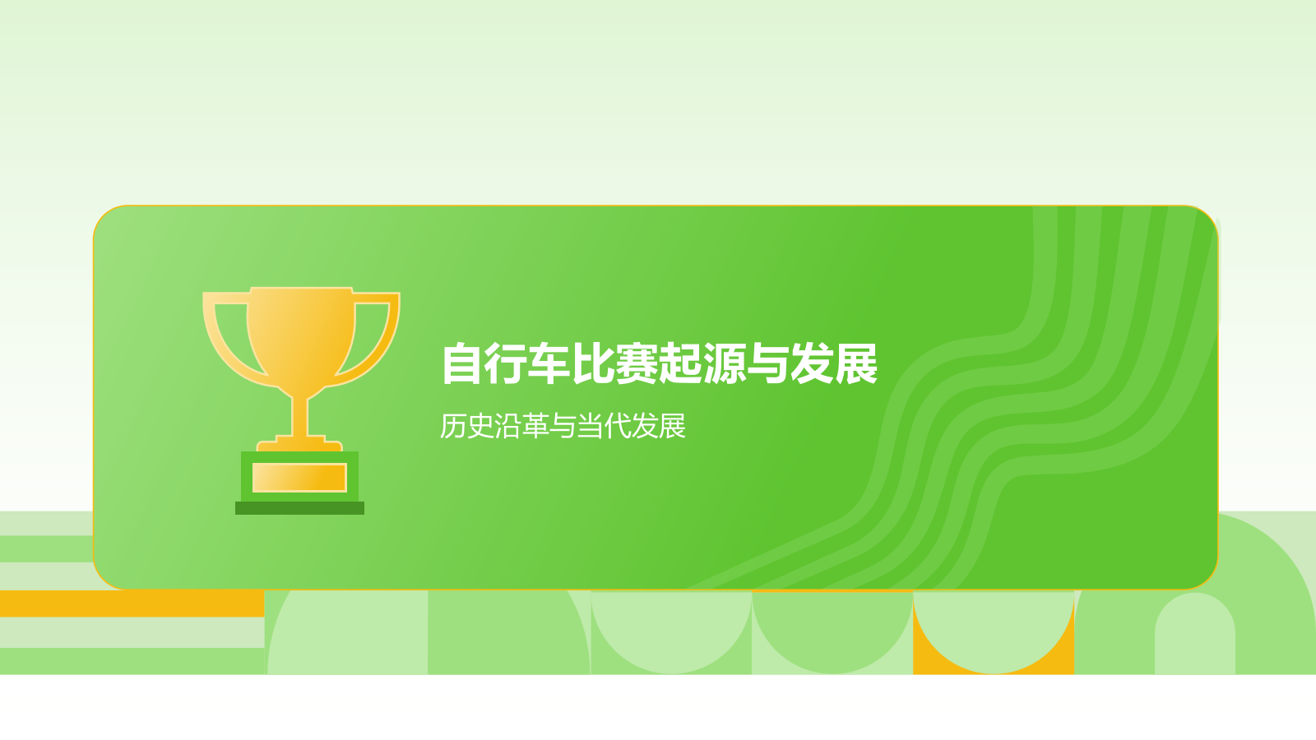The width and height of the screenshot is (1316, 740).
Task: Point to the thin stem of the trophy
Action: (301, 415)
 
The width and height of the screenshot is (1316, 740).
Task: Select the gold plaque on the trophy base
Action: (299, 478)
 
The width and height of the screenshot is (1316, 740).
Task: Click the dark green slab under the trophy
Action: (299, 508)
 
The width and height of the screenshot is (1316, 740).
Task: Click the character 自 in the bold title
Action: (463, 364)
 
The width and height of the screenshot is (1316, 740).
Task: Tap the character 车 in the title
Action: (550, 364)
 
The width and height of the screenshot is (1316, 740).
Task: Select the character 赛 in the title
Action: (637, 364)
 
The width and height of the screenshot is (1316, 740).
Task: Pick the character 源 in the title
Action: (725, 364)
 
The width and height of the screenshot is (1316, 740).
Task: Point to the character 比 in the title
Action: (594, 364)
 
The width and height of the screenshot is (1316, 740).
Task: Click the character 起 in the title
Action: (681, 364)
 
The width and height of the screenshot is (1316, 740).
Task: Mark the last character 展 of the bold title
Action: (855, 364)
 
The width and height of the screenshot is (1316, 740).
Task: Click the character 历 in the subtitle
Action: (454, 426)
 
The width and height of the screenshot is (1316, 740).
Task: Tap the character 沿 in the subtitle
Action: (508, 426)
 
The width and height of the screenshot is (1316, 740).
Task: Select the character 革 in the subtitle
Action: (535, 426)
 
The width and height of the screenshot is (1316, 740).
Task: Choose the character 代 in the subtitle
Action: (618, 426)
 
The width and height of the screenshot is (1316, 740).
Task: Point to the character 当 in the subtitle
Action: (590, 426)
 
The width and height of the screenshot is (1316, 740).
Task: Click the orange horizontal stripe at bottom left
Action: (132, 604)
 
